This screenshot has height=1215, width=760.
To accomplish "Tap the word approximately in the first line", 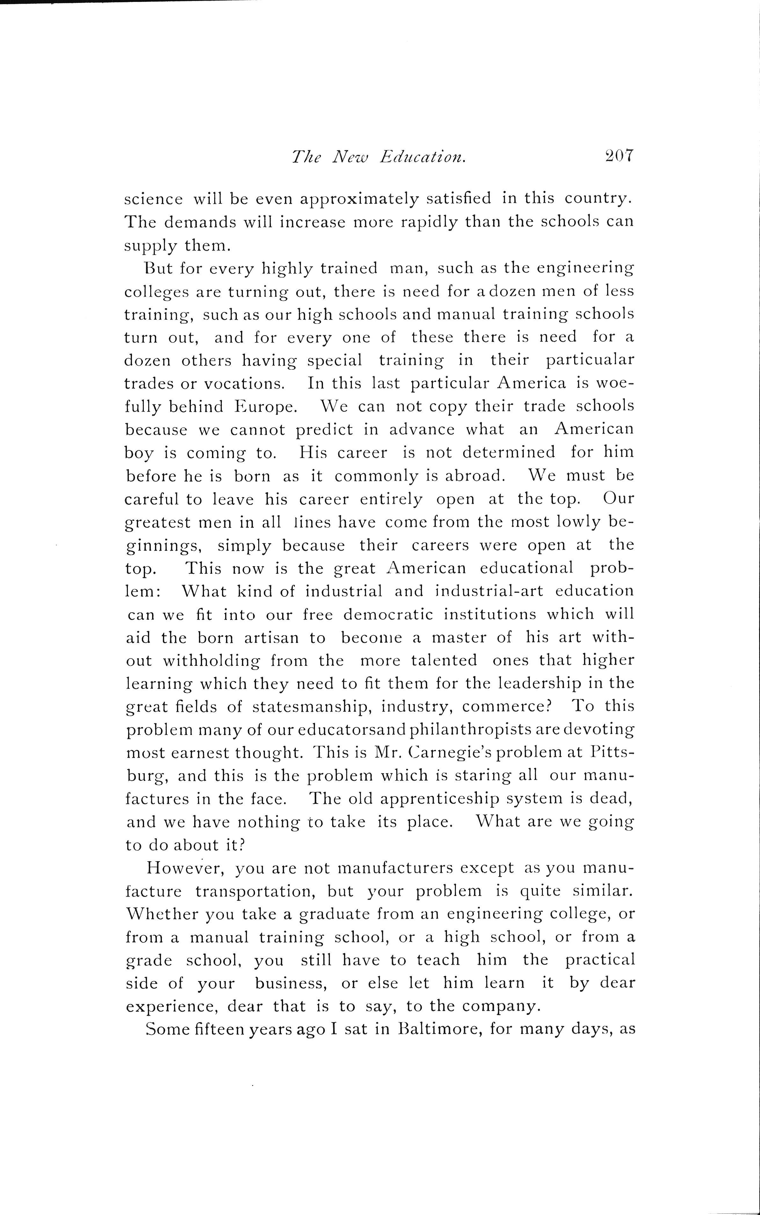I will [x=359, y=200].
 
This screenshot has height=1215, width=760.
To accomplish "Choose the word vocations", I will [x=244, y=384].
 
